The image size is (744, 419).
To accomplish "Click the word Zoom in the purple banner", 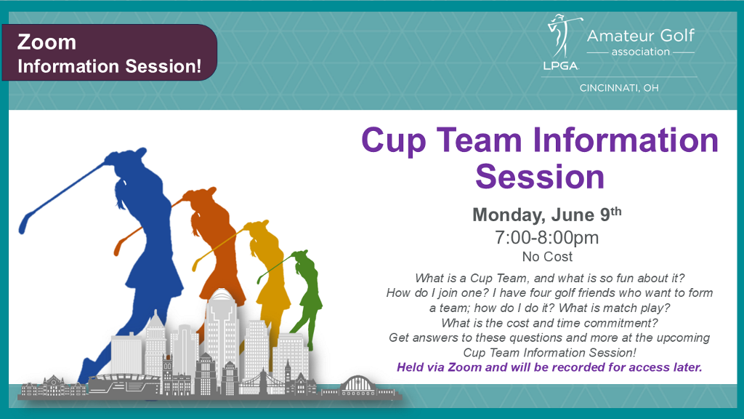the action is click(46, 42).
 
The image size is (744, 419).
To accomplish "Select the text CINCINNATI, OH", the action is click(619, 88).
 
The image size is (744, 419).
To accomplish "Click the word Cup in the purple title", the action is click(393, 141).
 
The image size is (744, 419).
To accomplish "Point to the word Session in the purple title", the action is click(540, 177).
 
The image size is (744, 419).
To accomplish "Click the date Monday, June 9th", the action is click(546, 215).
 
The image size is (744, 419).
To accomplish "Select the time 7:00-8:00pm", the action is click(546, 237).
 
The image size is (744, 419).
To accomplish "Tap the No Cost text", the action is click(547, 257).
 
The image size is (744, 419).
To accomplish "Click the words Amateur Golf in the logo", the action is click(641, 36).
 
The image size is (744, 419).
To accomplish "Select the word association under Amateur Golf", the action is click(641, 52).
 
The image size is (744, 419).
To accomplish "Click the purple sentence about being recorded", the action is click(549, 367).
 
